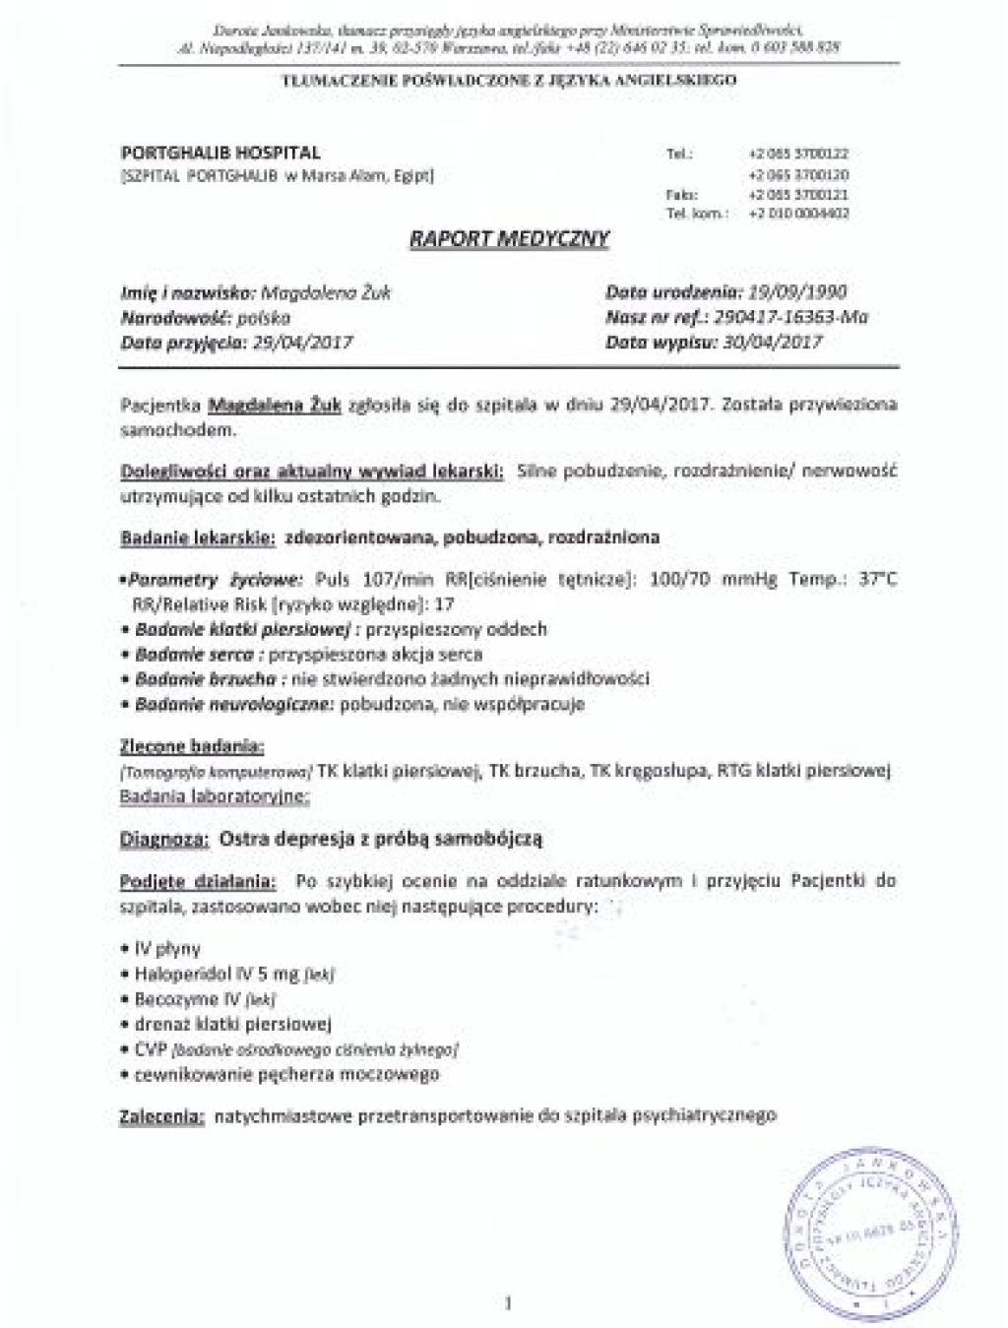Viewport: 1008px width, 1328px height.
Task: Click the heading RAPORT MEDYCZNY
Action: click(x=509, y=239)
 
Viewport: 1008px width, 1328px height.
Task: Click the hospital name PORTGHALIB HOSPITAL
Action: click(x=220, y=153)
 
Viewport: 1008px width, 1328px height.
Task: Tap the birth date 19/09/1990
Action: click(x=797, y=291)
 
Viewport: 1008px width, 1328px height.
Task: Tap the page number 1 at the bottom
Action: click(x=508, y=1304)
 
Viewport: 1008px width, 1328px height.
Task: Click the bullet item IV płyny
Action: click(x=165, y=949)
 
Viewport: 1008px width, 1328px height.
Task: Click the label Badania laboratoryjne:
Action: click(x=215, y=795)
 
